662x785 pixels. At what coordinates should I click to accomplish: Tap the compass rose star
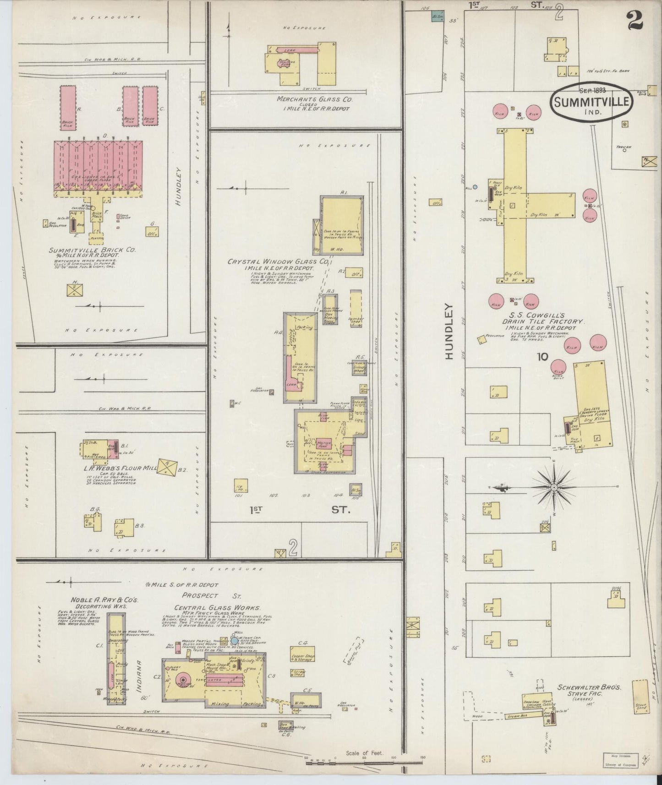(x=554, y=487)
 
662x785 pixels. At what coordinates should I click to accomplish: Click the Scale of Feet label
(x=364, y=752)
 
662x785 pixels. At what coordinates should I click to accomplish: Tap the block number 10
(x=542, y=356)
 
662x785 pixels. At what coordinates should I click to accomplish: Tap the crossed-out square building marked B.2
(x=167, y=466)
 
